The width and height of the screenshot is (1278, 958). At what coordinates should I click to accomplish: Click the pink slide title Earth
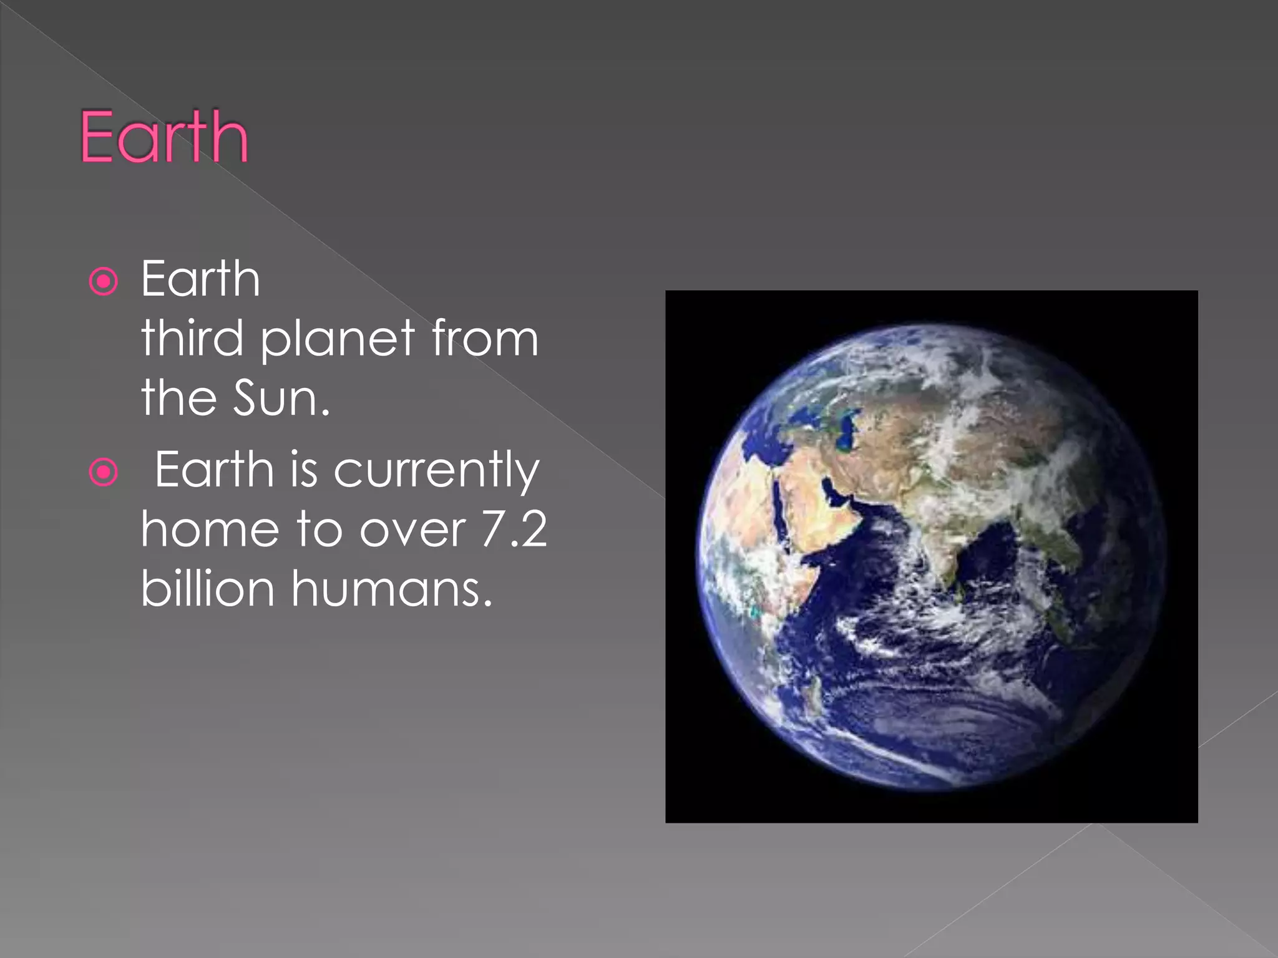point(164,137)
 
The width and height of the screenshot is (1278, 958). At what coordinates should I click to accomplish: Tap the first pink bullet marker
point(104,281)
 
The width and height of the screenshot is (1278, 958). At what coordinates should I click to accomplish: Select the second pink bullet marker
point(104,472)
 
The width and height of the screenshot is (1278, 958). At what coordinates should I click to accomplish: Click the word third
point(192,337)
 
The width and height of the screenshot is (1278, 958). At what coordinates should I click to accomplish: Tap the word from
point(484,337)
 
